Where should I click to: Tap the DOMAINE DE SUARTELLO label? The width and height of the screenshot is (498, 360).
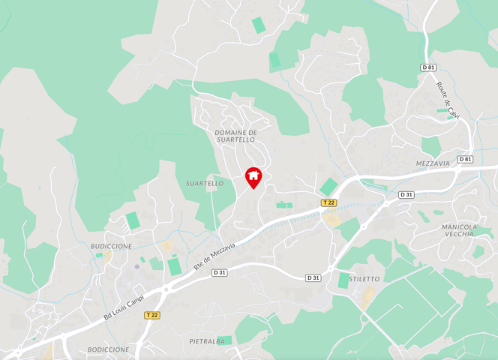coord(235,136)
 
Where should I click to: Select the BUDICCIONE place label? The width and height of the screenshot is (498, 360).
coord(111,246)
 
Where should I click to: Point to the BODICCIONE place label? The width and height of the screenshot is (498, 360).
coord(108,349)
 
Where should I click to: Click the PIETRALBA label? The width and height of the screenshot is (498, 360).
coord(207,340)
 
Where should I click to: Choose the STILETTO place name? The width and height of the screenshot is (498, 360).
coord(364,279)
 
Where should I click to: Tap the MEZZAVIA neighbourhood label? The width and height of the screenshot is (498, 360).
coord(433,163)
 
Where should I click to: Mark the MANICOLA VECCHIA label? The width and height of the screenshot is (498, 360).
coord(459,230)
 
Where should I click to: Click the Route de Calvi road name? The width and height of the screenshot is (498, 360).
coord(448,100)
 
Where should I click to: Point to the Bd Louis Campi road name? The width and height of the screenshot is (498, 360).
coord(124,309)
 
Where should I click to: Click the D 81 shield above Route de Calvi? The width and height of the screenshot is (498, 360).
coord(428,67)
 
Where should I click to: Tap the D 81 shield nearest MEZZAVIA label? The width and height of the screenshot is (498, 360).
coord(465,159)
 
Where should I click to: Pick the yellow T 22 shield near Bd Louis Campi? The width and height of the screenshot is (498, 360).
coord(152,315)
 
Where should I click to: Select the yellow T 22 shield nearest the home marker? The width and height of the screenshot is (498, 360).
coord(328,202)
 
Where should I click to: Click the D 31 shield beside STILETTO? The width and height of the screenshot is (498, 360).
coord(313,277)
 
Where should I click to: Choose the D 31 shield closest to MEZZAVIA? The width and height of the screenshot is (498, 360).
coord(406,195)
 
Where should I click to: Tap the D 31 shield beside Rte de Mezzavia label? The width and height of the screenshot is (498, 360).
coord(219,272)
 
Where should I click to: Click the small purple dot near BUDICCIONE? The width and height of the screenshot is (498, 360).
coord(136,265)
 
